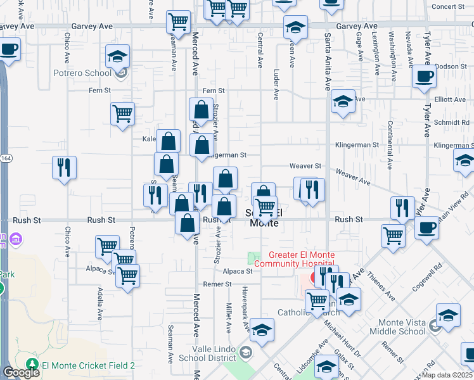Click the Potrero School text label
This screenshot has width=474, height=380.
88,73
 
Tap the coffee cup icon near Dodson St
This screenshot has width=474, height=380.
424,77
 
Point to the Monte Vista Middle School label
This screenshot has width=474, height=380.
397,327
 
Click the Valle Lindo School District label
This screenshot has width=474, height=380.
205,353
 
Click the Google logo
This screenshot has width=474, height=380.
21,372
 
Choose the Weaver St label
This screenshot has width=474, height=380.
306,166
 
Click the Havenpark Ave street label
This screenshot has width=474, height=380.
245,307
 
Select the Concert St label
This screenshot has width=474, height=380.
448,6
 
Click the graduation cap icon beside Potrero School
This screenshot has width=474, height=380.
117,58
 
